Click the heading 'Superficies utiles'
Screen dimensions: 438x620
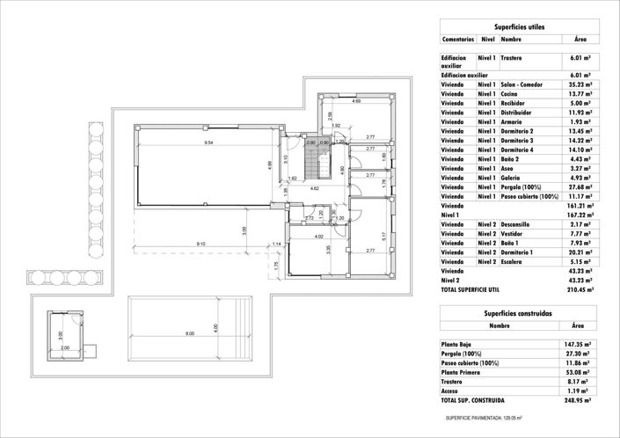519,27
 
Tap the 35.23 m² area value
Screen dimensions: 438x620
578,84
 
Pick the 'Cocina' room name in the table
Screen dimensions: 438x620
511,94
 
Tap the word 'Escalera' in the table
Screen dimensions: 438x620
514,261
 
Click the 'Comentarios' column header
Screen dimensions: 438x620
458,40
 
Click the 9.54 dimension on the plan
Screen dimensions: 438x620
208,142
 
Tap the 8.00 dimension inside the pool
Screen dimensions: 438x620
189,333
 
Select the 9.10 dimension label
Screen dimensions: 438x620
201,244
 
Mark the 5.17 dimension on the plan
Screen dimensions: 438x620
383,235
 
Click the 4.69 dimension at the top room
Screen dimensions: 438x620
356,102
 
